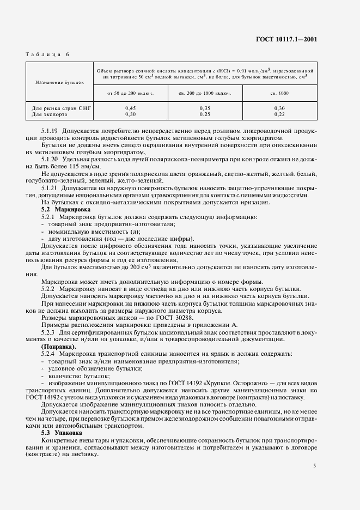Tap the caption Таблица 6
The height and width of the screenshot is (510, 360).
48,54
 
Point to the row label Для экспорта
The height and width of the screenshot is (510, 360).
50,114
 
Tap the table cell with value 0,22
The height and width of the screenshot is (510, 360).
279,114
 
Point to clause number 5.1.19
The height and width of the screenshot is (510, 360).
51,132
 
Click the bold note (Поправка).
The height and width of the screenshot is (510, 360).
59,347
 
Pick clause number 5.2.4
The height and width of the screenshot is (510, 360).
50,354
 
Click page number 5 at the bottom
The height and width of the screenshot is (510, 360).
314,466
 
